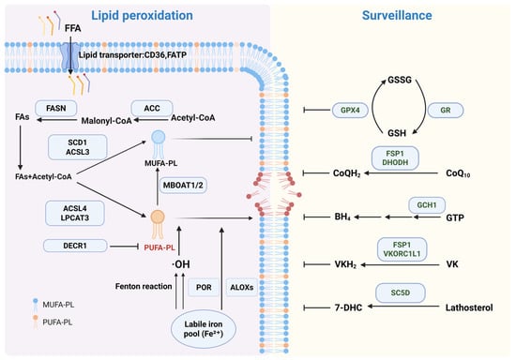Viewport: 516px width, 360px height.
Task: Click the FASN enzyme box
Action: (56, 108)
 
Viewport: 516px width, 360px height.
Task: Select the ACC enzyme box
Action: (152, 108)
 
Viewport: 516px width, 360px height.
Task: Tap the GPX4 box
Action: (350, 110)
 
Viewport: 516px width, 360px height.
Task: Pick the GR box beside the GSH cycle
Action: (446, 110)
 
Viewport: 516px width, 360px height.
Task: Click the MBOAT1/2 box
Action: (183, 185)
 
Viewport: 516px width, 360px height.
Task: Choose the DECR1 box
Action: (75, 246)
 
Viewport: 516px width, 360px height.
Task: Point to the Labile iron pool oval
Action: (204, 329)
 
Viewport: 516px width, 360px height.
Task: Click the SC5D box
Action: (401, 292)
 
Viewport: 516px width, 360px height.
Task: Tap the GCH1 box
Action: (427, 205)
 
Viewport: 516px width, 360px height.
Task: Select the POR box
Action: (204, 287)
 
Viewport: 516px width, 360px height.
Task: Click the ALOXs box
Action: (241, 287)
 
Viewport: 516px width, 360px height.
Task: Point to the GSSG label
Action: (400, 80)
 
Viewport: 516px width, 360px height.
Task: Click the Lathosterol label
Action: (469, 307)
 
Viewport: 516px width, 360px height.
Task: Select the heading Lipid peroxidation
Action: (142, 15)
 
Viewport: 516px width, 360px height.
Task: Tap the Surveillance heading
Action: (397, 15)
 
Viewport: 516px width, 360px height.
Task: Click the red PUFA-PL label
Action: (159, 247)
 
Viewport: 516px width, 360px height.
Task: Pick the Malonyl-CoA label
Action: (106, 121)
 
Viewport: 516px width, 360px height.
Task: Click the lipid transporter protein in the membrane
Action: (69, 56)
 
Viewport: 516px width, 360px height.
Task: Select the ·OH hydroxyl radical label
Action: (181, 264)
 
